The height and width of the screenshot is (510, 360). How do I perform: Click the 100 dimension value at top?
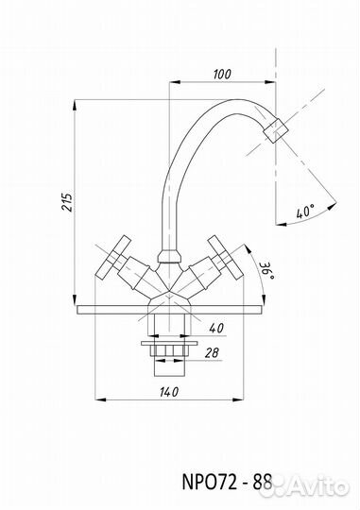click(222, 75)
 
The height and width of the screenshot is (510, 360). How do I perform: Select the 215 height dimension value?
click(68, 202)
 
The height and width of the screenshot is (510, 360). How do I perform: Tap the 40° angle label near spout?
click(305, 212)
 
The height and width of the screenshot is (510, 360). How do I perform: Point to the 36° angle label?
click(267, 270)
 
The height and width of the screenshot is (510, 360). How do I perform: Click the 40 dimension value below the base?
click(216, 328)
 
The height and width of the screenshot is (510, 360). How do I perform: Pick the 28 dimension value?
click(213, 352)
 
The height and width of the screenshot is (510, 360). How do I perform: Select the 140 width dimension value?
click(169, 392)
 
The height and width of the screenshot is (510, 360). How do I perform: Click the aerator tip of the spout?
click(276, 130)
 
